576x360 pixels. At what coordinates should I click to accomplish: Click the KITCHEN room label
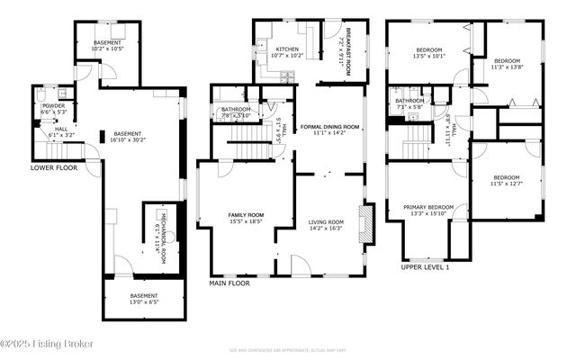[287, 49]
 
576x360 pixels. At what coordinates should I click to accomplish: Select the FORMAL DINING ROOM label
[329, 128]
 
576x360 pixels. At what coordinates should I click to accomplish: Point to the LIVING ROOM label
[326, 221]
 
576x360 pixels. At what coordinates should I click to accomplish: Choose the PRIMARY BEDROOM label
[427, 208]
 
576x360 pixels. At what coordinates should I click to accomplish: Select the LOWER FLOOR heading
[52, 167]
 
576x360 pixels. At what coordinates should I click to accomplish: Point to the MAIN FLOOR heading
[229, 283]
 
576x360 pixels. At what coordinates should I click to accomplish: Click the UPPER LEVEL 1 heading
[425, 267]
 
